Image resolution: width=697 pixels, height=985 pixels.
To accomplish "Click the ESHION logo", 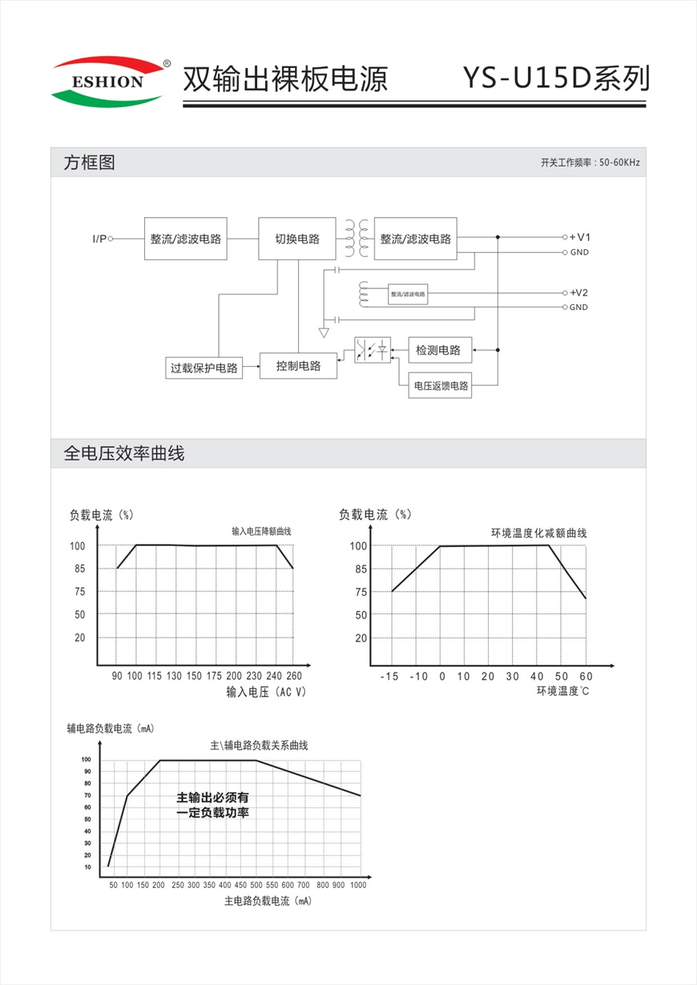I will tap(108, 81).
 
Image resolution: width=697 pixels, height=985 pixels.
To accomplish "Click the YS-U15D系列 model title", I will tap(555, 78).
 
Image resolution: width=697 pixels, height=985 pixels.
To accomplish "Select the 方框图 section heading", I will tap(89, 163).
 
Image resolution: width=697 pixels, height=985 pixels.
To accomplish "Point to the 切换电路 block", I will tap(297, 239).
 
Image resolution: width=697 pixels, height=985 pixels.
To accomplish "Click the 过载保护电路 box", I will tap(203, 368).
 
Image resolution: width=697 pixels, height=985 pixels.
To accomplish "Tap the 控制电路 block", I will tap(298, 366).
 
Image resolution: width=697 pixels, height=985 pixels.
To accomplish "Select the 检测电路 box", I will tap(439, 350).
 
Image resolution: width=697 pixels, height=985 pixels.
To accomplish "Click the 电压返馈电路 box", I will tap(440, 385).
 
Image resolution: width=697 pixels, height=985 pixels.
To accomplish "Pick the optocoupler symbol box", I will tap(373, 350).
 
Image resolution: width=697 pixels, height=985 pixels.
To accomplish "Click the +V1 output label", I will tap(580, 238).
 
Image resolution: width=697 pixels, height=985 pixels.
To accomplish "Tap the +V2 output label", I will tap(579, 292).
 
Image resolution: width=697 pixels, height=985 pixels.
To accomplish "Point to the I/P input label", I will tap(99, 239).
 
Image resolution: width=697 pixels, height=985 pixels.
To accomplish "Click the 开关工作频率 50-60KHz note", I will tap(590, 163).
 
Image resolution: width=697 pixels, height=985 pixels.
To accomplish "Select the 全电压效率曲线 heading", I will tap(123, 454).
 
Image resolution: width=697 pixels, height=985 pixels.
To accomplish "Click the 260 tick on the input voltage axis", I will tap(294, 677).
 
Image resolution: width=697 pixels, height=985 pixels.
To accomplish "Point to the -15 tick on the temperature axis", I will tap(389, 677).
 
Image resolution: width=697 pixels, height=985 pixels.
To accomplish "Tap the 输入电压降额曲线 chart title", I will tap(261, 532).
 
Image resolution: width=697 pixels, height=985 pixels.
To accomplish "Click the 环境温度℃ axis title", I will tap(562, 691).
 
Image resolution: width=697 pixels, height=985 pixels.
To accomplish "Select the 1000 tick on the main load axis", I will tap(357, 885).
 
